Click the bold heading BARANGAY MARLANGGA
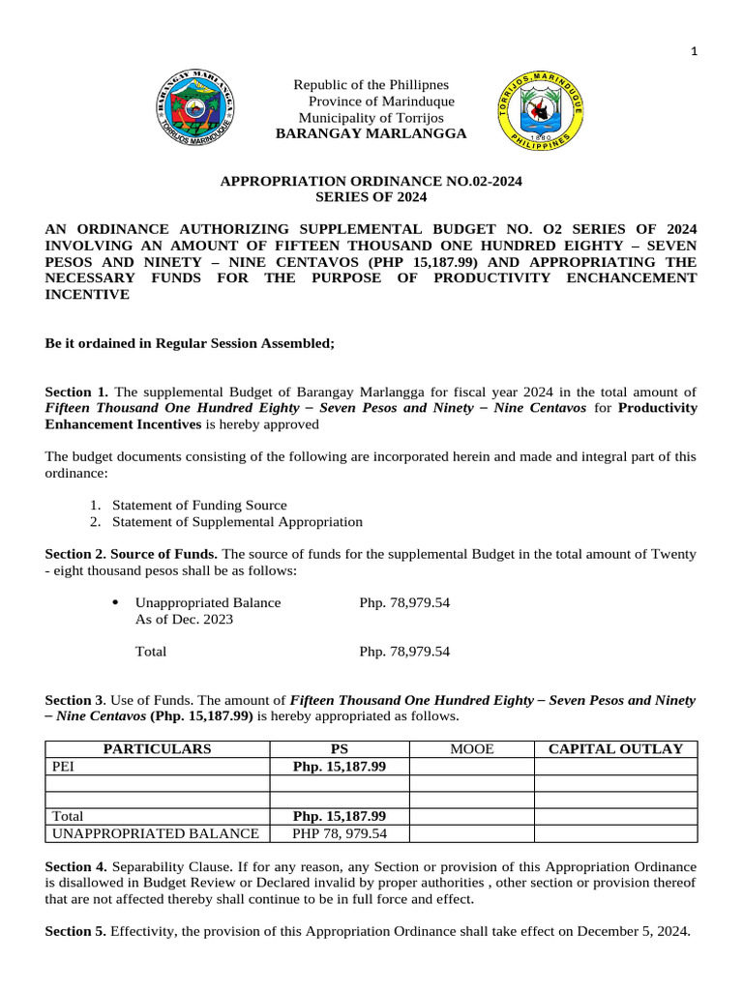click(x=371, y=133)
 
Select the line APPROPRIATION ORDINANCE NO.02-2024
click(x=371, y=181)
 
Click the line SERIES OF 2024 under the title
click(x=371, y=196)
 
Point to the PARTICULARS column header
click(x=157, y=748)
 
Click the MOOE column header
click(x=471, y=748)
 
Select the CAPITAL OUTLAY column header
click(x=615, y=748)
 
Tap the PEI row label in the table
click(x=63, y=766)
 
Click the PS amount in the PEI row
click(x=339, y=766)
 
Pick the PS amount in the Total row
click(x=339, y=816)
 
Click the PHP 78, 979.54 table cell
click(x=339, y=833)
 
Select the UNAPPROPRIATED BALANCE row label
click(x=155, y=833)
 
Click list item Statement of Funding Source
click(x=199, y=505)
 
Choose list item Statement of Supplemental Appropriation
click(x=237, y=522)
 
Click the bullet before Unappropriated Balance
click(x=116, y=602)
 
